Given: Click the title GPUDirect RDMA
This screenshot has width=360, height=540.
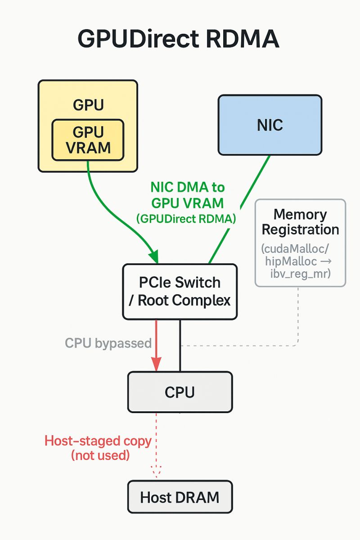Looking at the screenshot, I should [x=179, y=40].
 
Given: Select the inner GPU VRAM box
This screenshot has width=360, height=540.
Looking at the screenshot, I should [x=88, y=140].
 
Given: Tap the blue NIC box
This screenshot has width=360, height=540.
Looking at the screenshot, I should [x=270, y=125].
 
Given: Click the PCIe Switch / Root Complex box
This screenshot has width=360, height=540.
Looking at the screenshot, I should [x=180, y=292].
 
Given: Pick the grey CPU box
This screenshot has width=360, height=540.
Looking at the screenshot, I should [x=180, y=392].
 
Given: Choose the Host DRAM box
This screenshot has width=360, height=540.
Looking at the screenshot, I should [x=180, y=497].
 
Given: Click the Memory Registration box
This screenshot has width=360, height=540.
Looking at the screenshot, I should [x=300, y=243].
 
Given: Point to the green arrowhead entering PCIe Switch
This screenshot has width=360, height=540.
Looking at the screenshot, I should [x=154, y=257].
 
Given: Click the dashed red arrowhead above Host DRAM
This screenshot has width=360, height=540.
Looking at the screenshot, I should [x=156, y=472].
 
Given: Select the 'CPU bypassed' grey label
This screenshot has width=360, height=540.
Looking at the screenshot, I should [x=108, y=343].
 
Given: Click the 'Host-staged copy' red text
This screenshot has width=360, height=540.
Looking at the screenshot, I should [x=98, y=441].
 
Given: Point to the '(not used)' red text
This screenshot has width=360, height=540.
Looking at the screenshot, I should [x=100, y=455].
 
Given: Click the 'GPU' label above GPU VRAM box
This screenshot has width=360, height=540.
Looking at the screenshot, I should [x=88, y=105].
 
